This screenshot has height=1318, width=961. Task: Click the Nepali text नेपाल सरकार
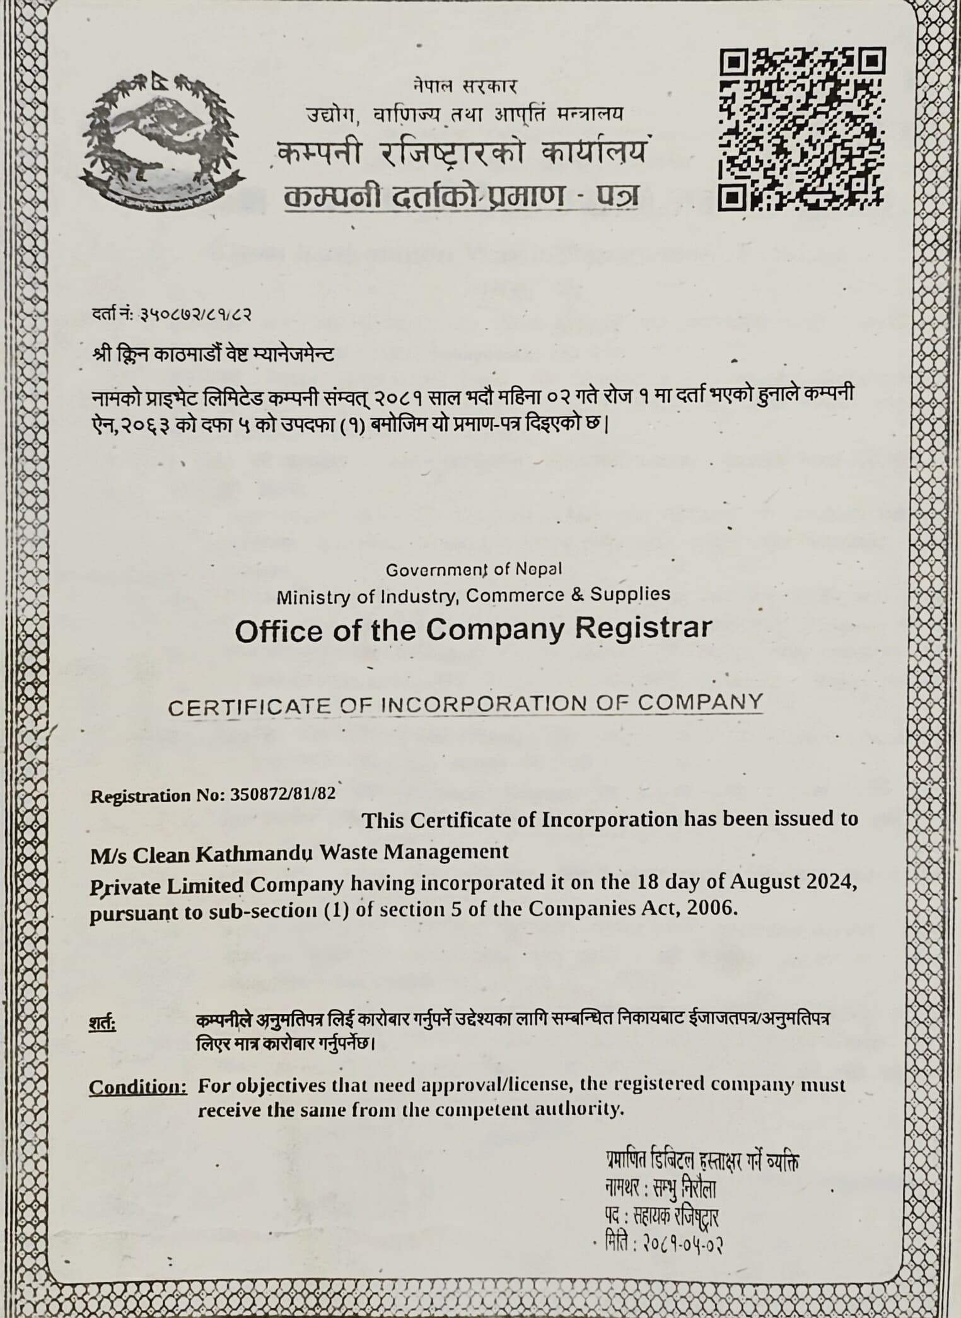(465, 85)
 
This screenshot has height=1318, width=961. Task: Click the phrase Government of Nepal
(474, 569)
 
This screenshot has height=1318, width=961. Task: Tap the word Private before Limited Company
(125, 885)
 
